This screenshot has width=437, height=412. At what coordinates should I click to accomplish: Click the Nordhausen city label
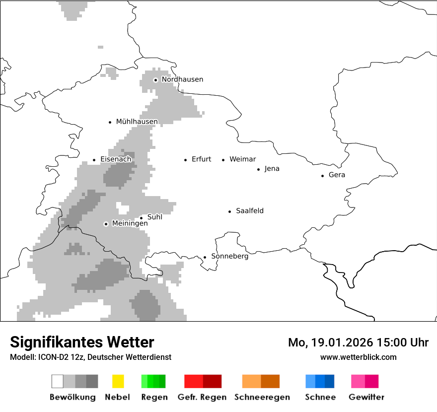point(182,79)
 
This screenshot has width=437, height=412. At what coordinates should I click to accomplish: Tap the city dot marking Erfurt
point(185,160)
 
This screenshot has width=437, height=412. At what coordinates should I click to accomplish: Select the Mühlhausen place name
point(137,122)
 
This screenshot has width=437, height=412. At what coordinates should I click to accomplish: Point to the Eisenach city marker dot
point(94,160)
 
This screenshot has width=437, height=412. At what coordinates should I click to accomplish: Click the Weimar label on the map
point(242,159)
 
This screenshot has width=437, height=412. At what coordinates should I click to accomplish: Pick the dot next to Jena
point(258,169)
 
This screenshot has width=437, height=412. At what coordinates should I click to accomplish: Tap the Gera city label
point(337,175)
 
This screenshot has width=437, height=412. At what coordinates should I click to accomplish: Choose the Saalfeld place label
point(249,211)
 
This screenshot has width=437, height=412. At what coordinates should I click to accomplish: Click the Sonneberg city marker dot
point(205,257)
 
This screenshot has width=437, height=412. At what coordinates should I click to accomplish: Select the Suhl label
point(154,217)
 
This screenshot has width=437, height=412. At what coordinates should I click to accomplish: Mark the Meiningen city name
point(130,224)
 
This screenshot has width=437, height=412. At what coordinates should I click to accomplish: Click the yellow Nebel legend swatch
point(118,381)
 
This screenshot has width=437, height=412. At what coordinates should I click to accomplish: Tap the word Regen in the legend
point(153,397)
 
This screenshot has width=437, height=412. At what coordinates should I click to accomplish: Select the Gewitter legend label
point(366,397)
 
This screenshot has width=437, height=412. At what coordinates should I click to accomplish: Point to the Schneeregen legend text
point(262,397)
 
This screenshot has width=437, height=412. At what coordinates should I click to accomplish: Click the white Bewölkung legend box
point(58,381)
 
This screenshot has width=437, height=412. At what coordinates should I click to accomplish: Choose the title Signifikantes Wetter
point(82,342)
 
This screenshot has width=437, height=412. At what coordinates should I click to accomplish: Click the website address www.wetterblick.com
point(358,357)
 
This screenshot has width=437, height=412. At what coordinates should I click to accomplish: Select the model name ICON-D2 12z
point(58,357)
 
